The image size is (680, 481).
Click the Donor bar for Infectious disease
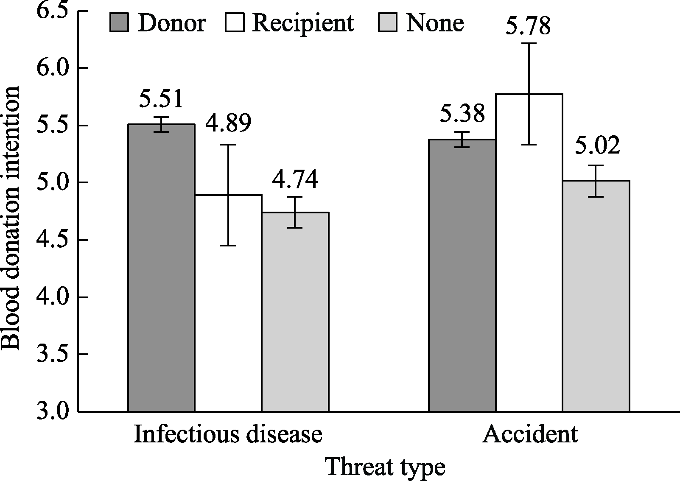click(x=161, y=267)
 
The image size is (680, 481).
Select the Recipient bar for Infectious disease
click(x=228, y=303)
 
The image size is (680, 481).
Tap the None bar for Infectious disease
click(x=295, y=312)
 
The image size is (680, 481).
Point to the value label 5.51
click(x=161, y=98)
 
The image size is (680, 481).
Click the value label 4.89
click(x=228, y=123)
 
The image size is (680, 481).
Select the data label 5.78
click(x=528, y=26)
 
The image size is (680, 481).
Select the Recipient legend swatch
click(x=234, y=22)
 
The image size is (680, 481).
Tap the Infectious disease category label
click(x=228, y=434)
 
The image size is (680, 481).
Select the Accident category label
click(x=530, y=434)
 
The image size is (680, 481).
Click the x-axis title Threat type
click(x=385, y=467)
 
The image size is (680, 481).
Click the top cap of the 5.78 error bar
click(x=529, y=43)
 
